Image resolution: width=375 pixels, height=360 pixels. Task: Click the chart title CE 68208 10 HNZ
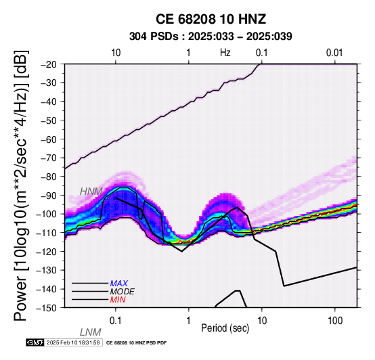pyautogui.click(x=211, y=19)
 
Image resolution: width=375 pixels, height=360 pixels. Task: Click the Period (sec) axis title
pyautogui.click(x=225, y=328)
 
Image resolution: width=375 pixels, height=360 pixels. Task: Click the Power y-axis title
pyautogui.click(x=21, y=185)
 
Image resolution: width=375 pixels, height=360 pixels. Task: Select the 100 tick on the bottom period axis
pyautogui.click(x=335, y=321)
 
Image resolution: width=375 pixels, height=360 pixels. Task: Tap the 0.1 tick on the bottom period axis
pyautogui.click(x=116, y=321)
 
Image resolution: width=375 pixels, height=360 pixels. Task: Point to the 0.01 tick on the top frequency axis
pyautogui.click(x=335, y=53)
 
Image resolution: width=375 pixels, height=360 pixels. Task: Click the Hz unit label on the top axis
pyautogui.click(x=225, y=53)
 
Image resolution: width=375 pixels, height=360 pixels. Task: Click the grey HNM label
pyautogui.click(x=91, y=192)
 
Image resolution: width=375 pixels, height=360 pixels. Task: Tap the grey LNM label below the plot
pyautogui.click(x=91, y=332)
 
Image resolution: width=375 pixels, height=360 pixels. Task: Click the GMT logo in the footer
pyautogui.click(x=35, y=342)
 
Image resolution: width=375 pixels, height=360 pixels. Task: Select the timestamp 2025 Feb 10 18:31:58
pyautogui.click(x=73, y=342)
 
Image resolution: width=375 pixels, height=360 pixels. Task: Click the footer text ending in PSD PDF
pyautogui.click(x=136, y=343)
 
